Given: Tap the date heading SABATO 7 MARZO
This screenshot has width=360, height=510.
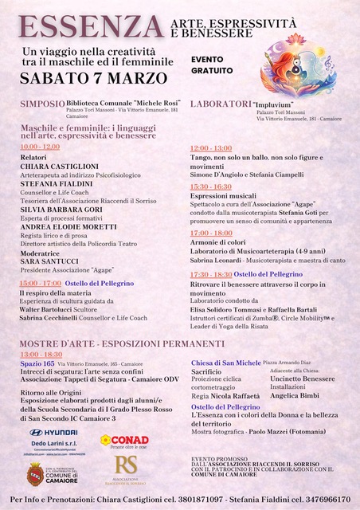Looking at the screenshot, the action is tap(93, 79).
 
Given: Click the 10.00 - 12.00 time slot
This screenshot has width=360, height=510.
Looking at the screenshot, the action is tap(40, 147).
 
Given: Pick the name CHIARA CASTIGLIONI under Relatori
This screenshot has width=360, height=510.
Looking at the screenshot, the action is tap(53, 166).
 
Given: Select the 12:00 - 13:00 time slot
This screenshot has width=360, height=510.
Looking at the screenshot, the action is tap(210, 148).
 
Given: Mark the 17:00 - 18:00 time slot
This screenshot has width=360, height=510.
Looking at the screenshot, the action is tap(210, 233).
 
